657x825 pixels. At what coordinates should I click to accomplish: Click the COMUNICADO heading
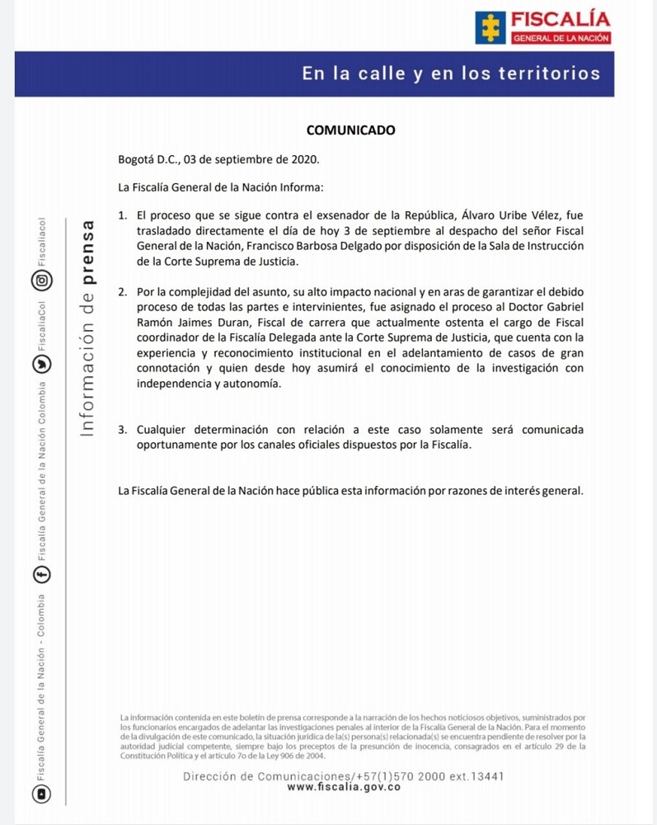[x=350, y=130]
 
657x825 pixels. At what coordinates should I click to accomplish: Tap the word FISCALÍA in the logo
[x=561, y=19]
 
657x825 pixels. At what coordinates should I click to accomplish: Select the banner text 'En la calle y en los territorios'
[x=451, y=73]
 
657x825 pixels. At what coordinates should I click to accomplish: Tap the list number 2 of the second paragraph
[x=122, y=292]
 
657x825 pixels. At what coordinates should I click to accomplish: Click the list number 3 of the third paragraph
[x=122, y=430]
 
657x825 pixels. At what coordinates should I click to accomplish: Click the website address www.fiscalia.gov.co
[x=344, y=788]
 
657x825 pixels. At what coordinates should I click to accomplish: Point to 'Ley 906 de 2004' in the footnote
[x=288, y=756]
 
